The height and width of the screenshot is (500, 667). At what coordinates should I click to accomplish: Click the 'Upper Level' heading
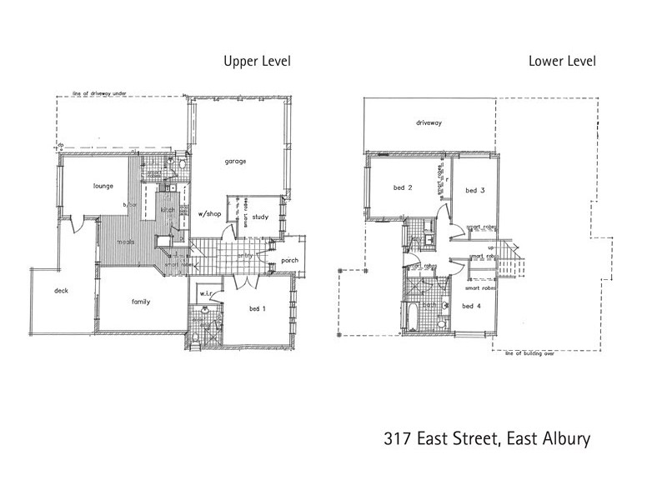[256, 61]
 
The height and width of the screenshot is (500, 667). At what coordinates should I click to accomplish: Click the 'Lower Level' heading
[562, 61]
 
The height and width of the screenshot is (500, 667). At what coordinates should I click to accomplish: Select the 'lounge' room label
[103, 186]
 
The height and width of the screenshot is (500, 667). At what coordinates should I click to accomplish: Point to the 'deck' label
[61, 291]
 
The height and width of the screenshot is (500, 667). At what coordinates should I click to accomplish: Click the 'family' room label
[140, 302]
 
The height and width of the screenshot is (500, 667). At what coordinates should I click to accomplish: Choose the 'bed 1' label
[258, 309]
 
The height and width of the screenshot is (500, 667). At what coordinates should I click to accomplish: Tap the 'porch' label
[290, 261]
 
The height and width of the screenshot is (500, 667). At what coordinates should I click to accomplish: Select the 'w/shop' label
[208, 214]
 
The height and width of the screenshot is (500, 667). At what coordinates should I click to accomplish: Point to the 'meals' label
[126, 242]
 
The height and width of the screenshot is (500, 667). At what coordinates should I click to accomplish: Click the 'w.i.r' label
[203, 295]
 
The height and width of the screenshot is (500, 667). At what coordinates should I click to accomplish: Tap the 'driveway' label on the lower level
[429, 122]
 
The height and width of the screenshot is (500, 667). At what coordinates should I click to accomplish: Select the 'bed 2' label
[404, 188]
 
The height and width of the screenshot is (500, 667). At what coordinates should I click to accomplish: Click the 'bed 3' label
[475, 191]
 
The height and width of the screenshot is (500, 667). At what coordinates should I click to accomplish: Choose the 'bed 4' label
[472, 306]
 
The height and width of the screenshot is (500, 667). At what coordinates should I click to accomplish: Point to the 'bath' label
[429, 306]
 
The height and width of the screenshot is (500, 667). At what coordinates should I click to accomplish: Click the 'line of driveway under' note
[100, 94]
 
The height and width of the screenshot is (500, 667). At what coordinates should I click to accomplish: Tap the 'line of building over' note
[530, 353]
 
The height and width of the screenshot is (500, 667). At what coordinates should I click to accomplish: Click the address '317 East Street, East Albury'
[487, 438]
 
